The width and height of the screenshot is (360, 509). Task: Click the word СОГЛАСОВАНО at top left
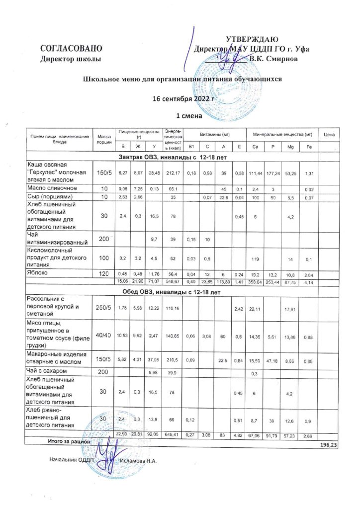[71, 49]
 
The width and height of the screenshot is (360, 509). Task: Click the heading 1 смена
[182, 116]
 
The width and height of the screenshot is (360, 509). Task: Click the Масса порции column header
[104, 139]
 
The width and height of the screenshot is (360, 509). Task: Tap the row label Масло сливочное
[48, 188]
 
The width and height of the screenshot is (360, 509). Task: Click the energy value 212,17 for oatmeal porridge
[175, 173]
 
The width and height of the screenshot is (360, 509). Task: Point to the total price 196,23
[329, 445]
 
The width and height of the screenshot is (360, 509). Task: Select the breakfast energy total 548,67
[175, 282]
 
